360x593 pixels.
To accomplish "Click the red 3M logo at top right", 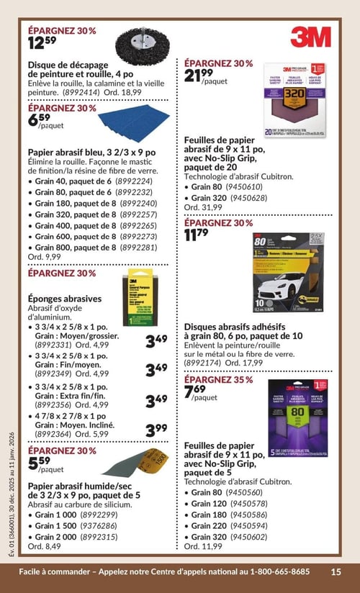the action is [310, 37].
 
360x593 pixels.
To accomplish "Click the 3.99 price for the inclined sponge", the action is [156, 430].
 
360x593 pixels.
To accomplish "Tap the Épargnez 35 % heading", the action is [219, 379].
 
